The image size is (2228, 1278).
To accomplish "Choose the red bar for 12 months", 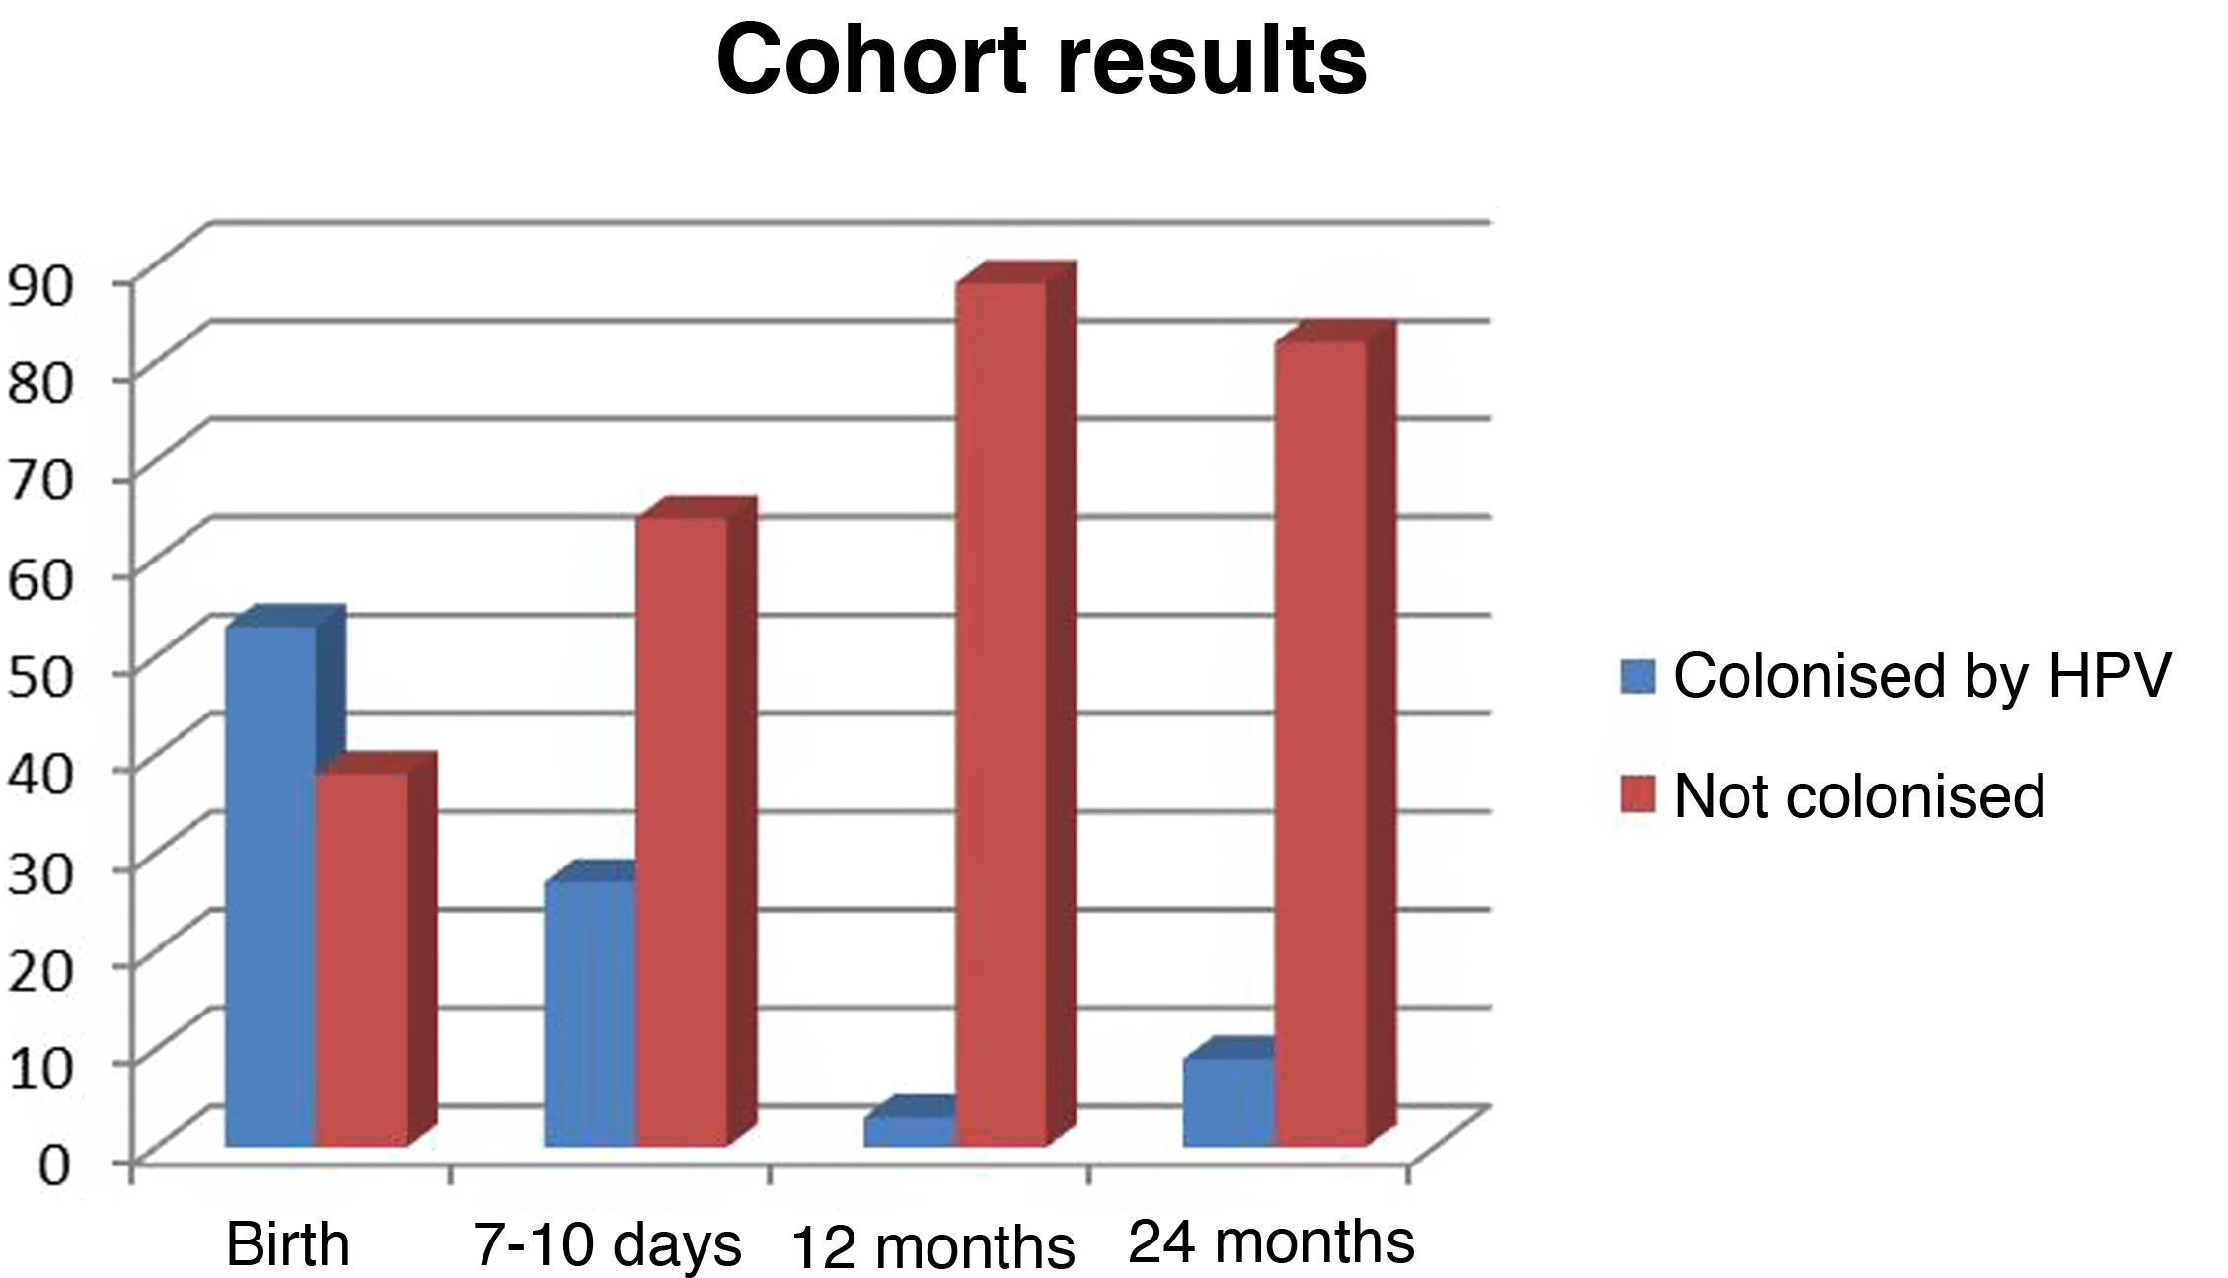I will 1001,711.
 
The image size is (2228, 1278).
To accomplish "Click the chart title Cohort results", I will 1041,61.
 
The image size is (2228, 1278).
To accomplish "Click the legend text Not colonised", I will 1859,795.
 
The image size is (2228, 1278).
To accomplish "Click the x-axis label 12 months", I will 933,1247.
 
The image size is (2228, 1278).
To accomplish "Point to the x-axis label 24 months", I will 1271,1241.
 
